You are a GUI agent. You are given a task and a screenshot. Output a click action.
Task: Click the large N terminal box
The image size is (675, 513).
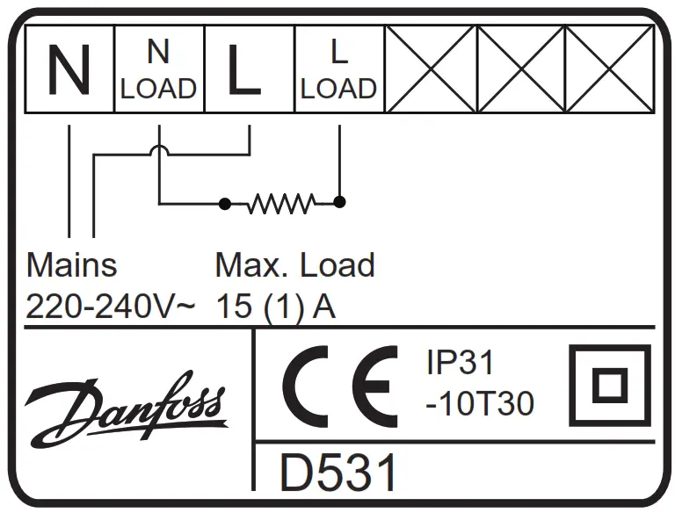coord(69,69)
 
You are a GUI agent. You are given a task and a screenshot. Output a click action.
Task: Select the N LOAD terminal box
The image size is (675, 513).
coord(159,69)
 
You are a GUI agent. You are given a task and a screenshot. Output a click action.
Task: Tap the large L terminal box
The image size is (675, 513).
coord(249,69)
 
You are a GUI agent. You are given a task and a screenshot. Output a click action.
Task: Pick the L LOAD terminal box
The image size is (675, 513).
coord(338,69)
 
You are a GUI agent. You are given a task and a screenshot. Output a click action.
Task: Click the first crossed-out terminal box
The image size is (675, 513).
coord(430,69)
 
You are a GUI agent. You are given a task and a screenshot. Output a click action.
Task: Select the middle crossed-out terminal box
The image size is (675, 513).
coord(520,69)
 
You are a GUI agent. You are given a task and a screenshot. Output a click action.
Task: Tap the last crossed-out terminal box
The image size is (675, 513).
coord(609,69)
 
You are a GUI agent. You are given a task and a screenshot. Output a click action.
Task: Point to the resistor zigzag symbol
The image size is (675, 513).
coord(280,204)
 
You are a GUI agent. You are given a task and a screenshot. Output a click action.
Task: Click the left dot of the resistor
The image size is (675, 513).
coord(225,204)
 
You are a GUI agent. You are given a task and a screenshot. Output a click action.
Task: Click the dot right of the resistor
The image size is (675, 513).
coord(340,202)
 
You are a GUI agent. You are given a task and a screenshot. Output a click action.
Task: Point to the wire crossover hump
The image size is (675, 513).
coord(159,152)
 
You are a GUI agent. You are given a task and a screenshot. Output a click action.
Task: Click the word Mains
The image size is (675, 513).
coord(71,264)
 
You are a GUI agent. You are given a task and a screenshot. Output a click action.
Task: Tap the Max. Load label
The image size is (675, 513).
coord(295,264)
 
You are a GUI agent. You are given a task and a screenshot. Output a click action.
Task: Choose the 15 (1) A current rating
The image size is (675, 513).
coord(275,307)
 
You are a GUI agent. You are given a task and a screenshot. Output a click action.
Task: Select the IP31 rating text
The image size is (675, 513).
coord(461,364)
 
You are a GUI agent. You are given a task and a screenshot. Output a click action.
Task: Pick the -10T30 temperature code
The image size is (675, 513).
coord(479,403)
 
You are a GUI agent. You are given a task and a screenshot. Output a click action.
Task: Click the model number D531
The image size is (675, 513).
coord(338,473)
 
